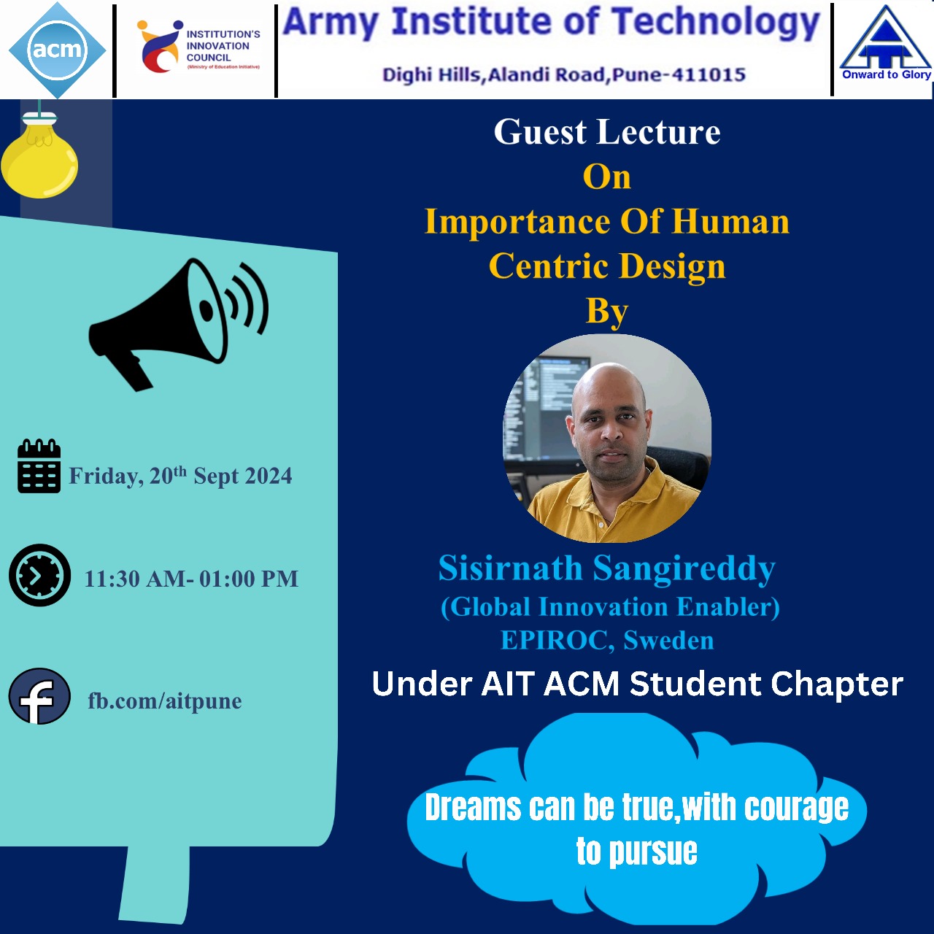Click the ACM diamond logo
[57, 50]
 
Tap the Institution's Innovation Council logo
[198, 47]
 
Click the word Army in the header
[331, 23]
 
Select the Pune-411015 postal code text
[679, 74]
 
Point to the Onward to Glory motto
[887, 74]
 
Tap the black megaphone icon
[178, 324]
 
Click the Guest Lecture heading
[607, 132]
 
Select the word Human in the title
[730, 222]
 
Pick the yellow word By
[607, 312]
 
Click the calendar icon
[39, 466]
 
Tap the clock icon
[39, 575]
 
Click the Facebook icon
[39, 697]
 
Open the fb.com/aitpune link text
[165, 701]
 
